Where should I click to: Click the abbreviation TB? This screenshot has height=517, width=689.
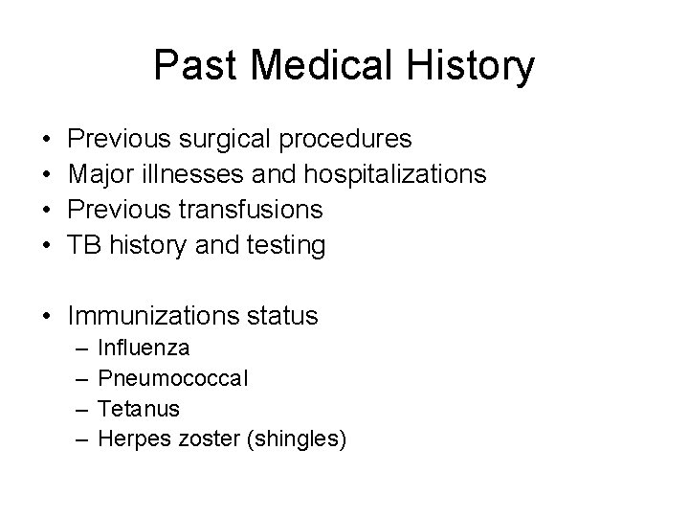pyautogui.click(x=84, y=245)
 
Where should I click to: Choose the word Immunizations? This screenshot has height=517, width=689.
pyautogui.click(x=155, y=315)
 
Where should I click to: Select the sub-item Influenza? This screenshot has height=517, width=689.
pyautogui.click(x=144, y=348)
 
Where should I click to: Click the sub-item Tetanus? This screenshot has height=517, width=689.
pyautogui.click(x=139, y=409)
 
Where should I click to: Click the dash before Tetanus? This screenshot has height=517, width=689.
pyautogui.click(x=79, y=409)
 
